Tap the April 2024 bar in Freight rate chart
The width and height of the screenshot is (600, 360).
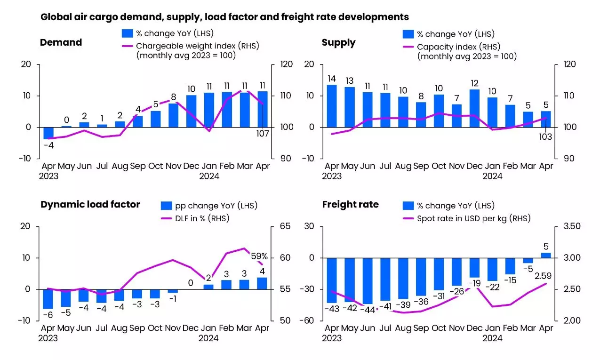545,256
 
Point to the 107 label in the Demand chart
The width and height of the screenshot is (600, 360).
262,134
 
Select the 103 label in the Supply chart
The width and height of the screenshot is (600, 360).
545,137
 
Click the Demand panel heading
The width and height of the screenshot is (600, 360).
61,42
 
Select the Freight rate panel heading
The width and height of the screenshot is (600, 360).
350,204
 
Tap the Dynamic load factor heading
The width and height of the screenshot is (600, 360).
90,204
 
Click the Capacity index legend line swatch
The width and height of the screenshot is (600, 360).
408,47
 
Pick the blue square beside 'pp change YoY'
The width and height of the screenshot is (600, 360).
167,206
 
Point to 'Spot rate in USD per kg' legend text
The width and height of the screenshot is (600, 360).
473,218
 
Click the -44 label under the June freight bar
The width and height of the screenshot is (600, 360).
368,310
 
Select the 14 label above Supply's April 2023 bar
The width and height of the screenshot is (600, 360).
331,79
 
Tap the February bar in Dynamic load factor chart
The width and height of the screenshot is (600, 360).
226,285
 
